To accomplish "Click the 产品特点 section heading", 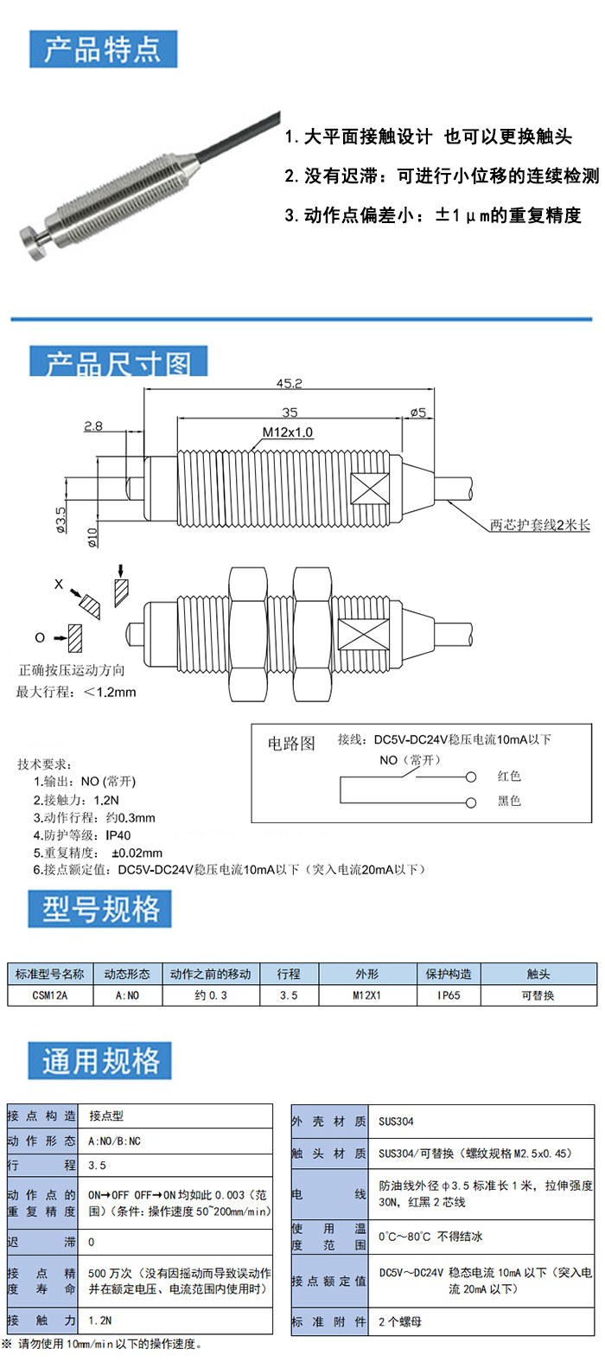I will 103,49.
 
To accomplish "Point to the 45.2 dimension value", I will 290,383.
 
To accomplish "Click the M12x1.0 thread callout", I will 288,431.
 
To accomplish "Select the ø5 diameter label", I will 418,412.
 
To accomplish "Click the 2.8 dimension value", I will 93,425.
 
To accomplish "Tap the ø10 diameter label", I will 92,537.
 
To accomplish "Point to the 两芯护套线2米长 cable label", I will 539,525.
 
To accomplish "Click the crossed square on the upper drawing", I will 370,489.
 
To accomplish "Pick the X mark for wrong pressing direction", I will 59,585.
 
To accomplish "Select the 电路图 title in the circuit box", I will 291,744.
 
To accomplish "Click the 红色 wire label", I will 509,777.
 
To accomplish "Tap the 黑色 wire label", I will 509,802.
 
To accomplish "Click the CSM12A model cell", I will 50,995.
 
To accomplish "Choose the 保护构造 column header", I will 449,974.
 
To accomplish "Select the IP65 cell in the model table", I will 449,995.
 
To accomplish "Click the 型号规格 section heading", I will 101,909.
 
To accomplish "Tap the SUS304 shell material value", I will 396,1122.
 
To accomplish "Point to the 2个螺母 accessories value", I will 400,1322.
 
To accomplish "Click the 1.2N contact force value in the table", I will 100,1320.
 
